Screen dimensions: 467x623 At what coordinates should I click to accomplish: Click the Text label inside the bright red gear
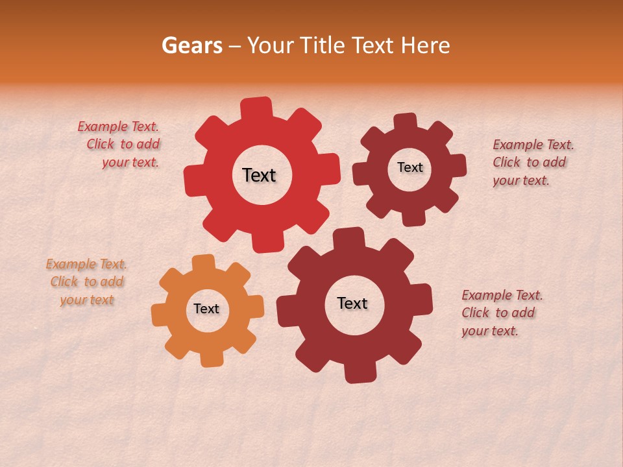tap(259, 175)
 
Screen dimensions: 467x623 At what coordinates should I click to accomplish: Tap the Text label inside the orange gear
tap(206, 309)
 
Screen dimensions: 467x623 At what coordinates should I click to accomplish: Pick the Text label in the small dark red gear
tap(409, 167)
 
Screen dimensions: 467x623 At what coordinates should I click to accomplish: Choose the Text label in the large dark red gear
tap(352, 303)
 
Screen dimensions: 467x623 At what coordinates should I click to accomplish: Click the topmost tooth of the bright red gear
tap(256, 108)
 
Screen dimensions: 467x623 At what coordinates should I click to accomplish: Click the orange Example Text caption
tap(86, 281)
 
